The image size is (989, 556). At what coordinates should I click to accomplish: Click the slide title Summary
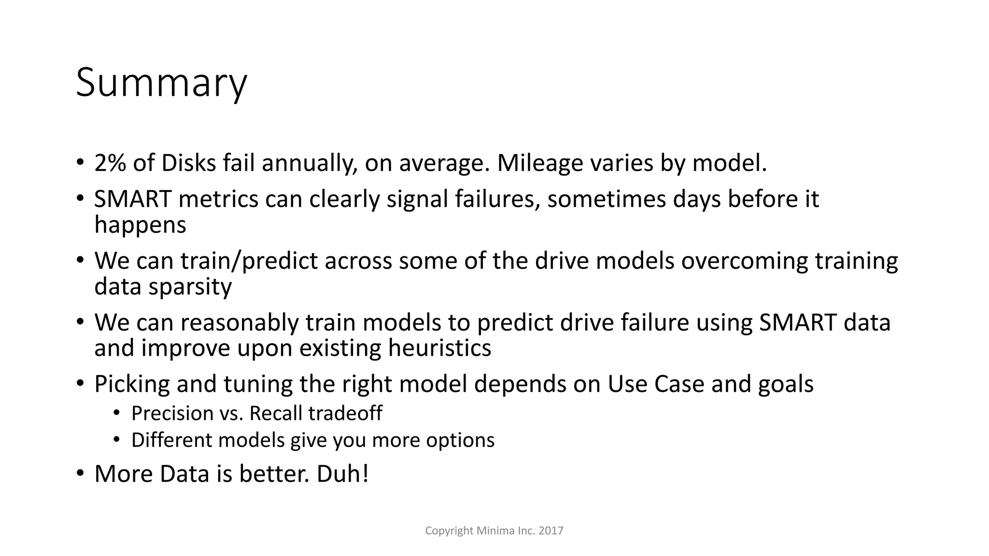click(x=161, y=83)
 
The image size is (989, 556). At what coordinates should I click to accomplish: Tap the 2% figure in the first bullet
click(x=110, y=163)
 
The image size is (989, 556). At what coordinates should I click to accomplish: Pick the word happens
click(x=140, y=225)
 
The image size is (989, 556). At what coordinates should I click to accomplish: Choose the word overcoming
click(x=744, y=261)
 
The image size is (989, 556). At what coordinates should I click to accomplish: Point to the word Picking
click(x=132, y=385)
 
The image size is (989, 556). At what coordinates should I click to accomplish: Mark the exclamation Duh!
click(x=343, y=474)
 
